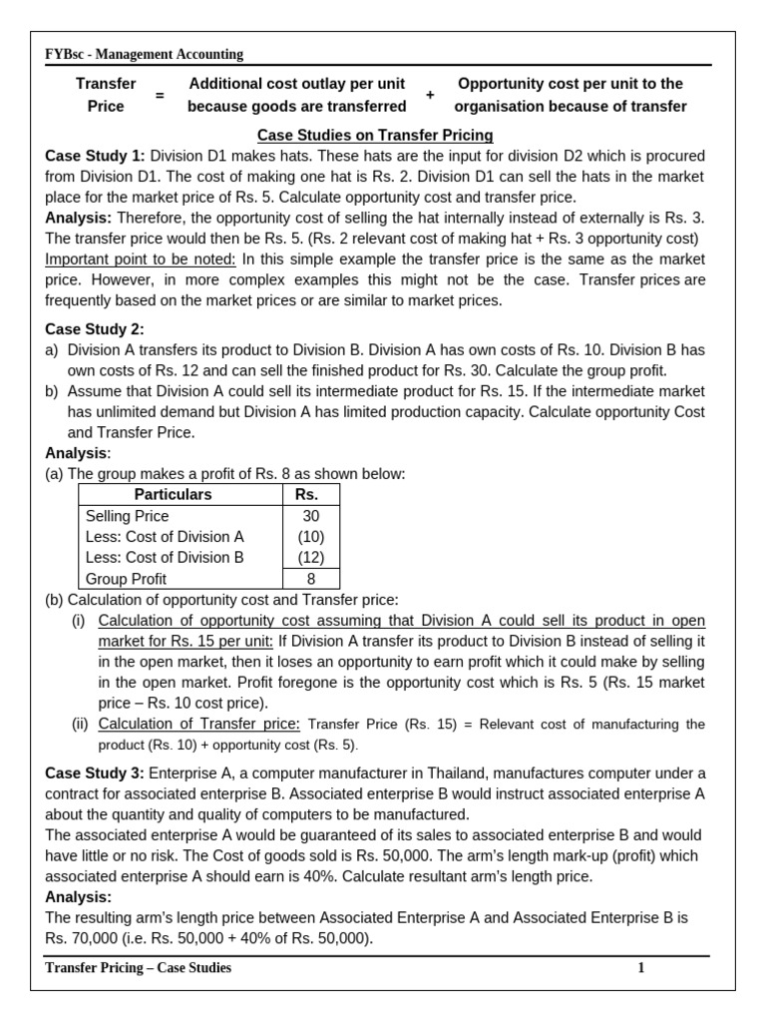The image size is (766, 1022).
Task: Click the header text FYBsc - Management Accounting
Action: point(144,55)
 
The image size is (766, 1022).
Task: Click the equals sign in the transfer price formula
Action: point(159,96)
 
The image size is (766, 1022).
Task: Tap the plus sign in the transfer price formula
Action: point(431,96)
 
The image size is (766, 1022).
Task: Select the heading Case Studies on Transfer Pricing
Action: point(375,135)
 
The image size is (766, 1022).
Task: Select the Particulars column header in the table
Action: point(173,495)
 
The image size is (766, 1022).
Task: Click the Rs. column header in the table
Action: point(307,495)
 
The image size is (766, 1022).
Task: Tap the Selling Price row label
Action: point(128,516)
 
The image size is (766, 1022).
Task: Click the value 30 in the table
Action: point(310,516)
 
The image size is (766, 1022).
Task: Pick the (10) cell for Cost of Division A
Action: point(310,537)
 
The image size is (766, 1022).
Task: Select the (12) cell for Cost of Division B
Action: point(310,558)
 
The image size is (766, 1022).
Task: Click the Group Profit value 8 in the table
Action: point(310,579)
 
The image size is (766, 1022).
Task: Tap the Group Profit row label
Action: point(127,579)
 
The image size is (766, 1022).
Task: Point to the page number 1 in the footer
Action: point(642,968)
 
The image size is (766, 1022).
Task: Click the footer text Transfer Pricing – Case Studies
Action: point(139,968)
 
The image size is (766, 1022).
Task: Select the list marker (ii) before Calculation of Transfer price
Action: point(80,725)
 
